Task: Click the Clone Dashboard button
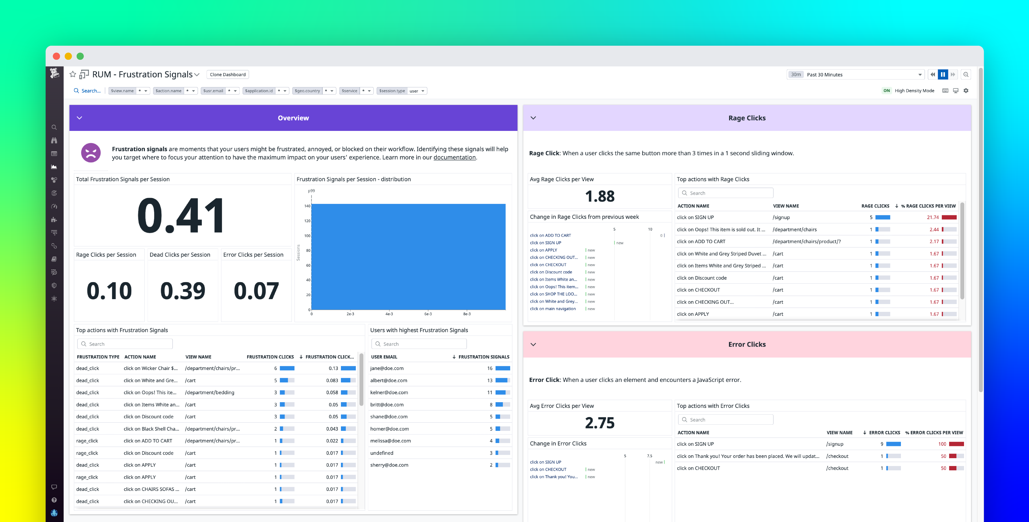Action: point(228,75)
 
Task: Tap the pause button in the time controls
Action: point(943,75)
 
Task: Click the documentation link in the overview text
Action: point(454,158)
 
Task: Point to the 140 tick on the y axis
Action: point(307,206)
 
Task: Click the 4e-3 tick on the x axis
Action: point(389,314)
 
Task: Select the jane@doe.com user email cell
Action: point(387,368)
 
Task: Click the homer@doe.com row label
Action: point(389,429)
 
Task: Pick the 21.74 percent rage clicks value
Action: point(933,217)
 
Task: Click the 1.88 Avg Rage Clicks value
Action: point(600,196)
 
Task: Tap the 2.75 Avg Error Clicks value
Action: point(600,423)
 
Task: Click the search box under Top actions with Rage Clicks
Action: point(726,193)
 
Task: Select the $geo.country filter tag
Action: point(307,91)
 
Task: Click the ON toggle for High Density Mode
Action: point(886,91)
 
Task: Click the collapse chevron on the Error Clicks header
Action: point(533,344)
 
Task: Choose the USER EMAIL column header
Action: point(384,357)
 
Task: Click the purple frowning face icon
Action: point(91,153)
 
